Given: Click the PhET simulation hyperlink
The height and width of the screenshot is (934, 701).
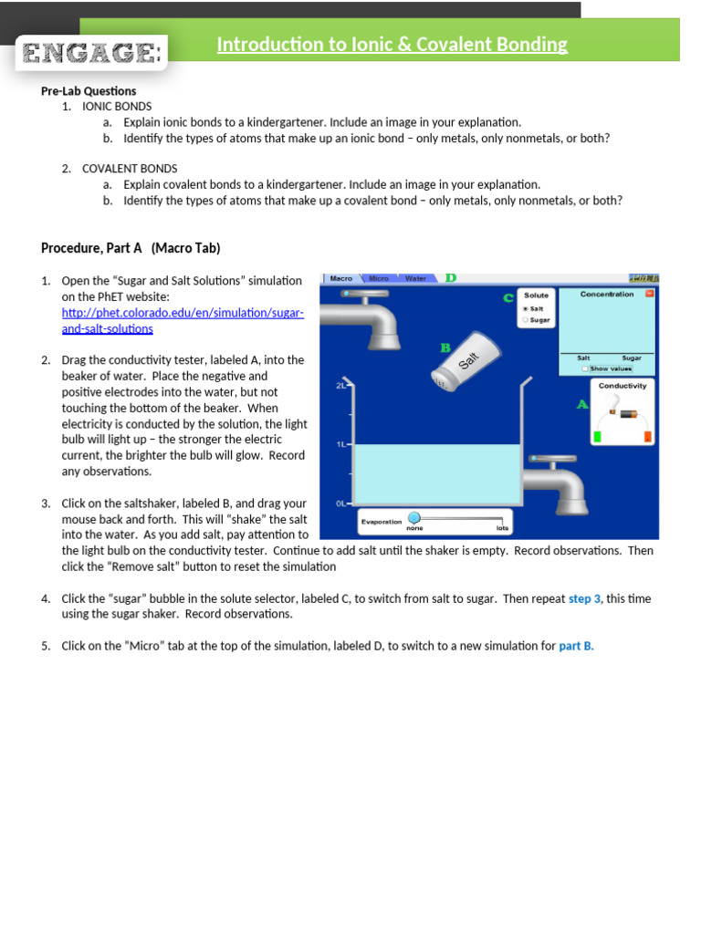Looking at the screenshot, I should (182, 313).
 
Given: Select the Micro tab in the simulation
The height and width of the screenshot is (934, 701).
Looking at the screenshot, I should (378, 278).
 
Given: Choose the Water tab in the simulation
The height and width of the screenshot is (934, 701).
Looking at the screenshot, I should (415, 278).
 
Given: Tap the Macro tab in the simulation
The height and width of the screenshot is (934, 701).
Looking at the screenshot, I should (340, 278).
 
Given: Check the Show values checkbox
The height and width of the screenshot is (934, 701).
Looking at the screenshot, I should (585, 368).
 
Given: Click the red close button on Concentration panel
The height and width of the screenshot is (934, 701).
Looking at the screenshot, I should (649, 294).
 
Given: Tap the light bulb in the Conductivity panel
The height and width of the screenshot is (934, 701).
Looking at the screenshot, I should (614, 402).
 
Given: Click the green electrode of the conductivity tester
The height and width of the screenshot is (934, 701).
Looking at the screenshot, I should (597, 436).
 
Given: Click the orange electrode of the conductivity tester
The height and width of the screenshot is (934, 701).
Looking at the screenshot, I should (647, 436).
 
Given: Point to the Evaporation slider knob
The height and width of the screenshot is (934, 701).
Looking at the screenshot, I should (413, 517).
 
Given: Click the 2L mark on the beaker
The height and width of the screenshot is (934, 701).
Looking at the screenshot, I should (340, 386).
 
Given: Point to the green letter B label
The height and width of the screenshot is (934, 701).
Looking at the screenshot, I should (445, 348).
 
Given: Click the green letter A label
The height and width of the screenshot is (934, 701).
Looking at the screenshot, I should (581, 404).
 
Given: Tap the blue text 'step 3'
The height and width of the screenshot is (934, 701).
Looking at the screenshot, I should (585, 598).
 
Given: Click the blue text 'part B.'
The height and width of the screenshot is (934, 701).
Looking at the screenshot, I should (576, 646).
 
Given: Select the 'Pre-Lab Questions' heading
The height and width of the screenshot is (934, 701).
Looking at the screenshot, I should (89, 91).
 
